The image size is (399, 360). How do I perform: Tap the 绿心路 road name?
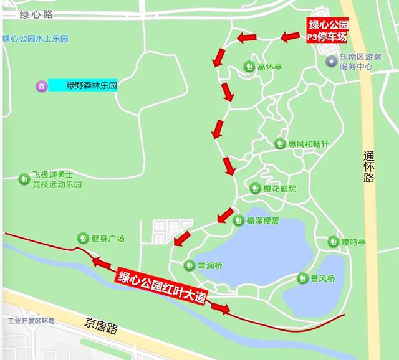(x=36, y=13)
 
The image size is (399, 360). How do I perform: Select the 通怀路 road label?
(x=368, y=166)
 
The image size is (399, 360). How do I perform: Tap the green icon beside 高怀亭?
(x=249, y=66)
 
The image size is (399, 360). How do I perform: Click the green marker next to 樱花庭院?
(x=255, y=188)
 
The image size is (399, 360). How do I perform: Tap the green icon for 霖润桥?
(x=189, y=265)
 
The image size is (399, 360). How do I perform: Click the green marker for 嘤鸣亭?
(x=334, y=242)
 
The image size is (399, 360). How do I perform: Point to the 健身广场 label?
(x=108, y=238)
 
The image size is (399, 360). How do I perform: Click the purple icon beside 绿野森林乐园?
(x=41, y=86)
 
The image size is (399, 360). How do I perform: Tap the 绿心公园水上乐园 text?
(x=35, y=39)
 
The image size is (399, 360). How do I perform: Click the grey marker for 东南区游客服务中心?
(x=331, y=61)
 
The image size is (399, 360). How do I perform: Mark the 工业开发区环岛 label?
(x=31, y=321)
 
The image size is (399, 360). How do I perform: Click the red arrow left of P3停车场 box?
(x=291, y=37)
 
